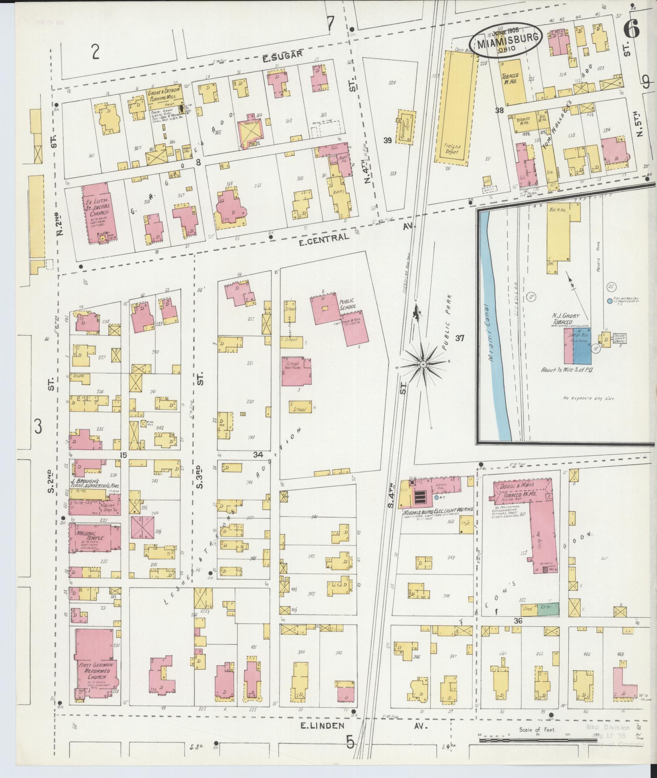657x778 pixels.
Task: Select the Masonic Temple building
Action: click(x=95, y=541)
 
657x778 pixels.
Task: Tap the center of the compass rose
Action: click(x=423, y=365)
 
